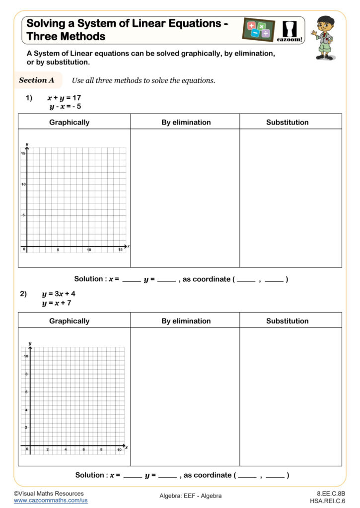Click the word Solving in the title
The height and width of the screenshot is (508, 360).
[46, 23]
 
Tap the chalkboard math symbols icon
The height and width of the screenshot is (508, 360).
[258, 29]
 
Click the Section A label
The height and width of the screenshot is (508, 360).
[36, 80]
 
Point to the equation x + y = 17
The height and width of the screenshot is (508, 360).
[64, 98]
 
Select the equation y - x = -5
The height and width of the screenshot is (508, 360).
[65, 107]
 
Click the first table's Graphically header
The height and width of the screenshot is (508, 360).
[69, 122]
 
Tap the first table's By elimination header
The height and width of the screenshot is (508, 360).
[186, 122]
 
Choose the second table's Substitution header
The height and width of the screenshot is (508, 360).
[287, 321]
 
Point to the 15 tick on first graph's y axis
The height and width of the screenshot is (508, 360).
[23, 153]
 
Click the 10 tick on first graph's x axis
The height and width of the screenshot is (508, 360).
[89, 250]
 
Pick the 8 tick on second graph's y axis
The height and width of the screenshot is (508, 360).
[26, 374]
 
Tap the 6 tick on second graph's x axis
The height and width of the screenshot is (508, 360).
[83, 449]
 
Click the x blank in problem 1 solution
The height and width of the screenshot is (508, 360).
[132, 279]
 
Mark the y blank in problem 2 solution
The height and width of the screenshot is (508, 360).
[167, 475]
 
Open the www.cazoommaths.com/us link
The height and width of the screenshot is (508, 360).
[51, 501]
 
